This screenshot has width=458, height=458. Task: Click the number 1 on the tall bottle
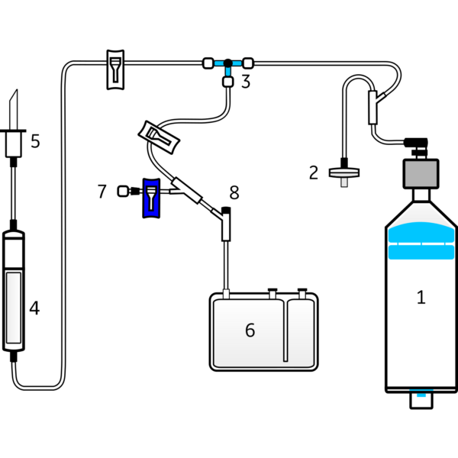[420, 297]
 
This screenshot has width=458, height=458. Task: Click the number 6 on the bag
[250, 330]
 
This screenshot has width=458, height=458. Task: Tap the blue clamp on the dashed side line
[150, 197]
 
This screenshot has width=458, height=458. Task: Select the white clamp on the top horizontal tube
[114, 69]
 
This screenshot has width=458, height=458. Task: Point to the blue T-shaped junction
[227, 66]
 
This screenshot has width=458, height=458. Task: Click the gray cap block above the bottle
[421, 174]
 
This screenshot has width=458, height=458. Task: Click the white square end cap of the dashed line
[122, 191]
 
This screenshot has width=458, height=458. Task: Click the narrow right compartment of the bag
[300, 332]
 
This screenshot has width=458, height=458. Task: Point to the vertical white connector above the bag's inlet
[226, 227]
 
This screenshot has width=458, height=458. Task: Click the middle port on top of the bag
[272, 294]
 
